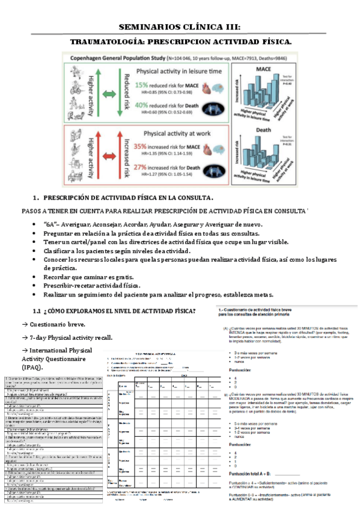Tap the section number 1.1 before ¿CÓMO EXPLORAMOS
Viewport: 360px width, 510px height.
point(37,310)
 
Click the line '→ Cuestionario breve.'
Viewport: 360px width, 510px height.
point(51,323)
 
